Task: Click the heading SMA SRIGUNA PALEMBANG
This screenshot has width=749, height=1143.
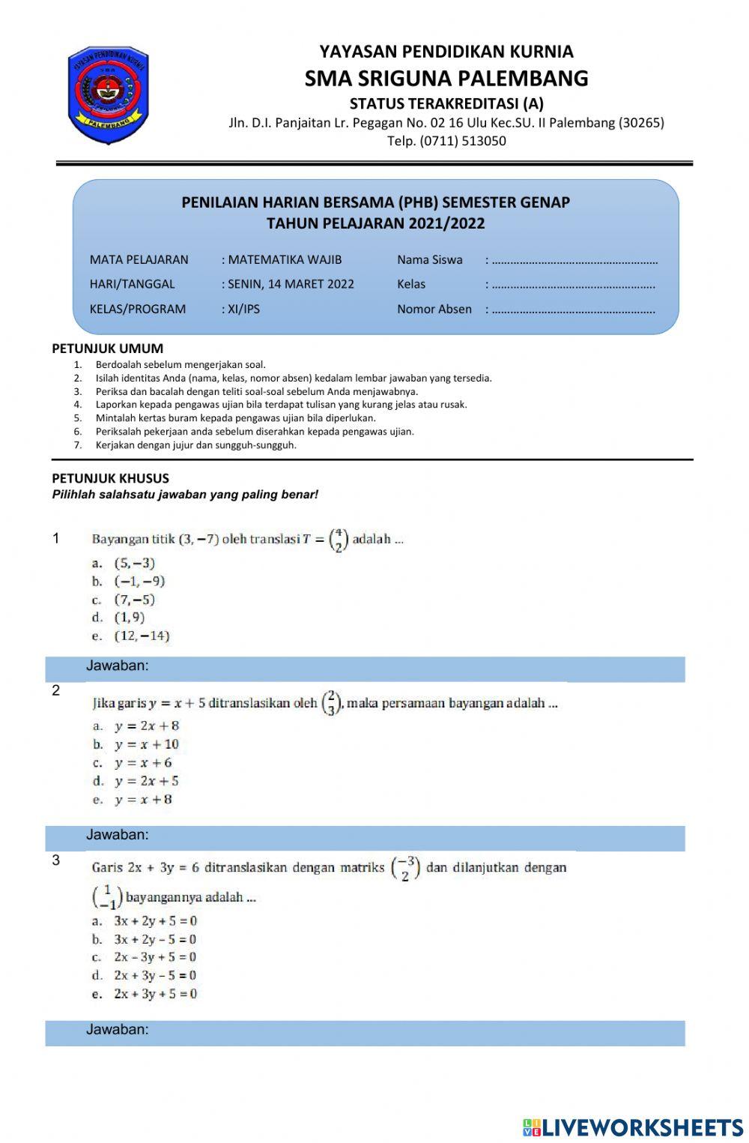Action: (x=446, y=78)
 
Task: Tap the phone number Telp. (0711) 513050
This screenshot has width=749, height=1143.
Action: (x=446, y=141)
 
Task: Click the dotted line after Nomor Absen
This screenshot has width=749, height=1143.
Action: (x=573, y=310)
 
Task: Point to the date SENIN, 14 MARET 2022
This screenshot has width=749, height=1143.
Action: (x=291, y=284)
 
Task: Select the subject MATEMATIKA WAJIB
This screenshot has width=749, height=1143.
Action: (x=285, y=259)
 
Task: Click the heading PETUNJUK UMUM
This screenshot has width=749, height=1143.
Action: (x=107, y=349)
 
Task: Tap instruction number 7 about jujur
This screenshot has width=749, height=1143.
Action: (x=195, y=445)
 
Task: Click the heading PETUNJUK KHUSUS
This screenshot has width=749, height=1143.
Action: (x=110, y=478)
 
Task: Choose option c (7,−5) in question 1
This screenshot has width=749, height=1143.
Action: (x=134, y=600)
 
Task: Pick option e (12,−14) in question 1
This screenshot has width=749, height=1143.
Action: (x=142, y=636)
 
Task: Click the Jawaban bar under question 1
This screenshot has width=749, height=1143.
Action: (x=365, y=666)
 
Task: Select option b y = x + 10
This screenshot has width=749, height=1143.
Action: (x=146, y=744)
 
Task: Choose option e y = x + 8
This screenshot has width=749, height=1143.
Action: (x=143, y=800)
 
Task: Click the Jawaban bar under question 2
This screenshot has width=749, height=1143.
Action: (x=365, y=836)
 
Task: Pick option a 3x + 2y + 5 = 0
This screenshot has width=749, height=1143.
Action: (x=155, y=921)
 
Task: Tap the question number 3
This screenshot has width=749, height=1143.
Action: (x=56, y=860)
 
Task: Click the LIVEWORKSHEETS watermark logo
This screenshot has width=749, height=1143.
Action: (x=632, y=1128)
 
